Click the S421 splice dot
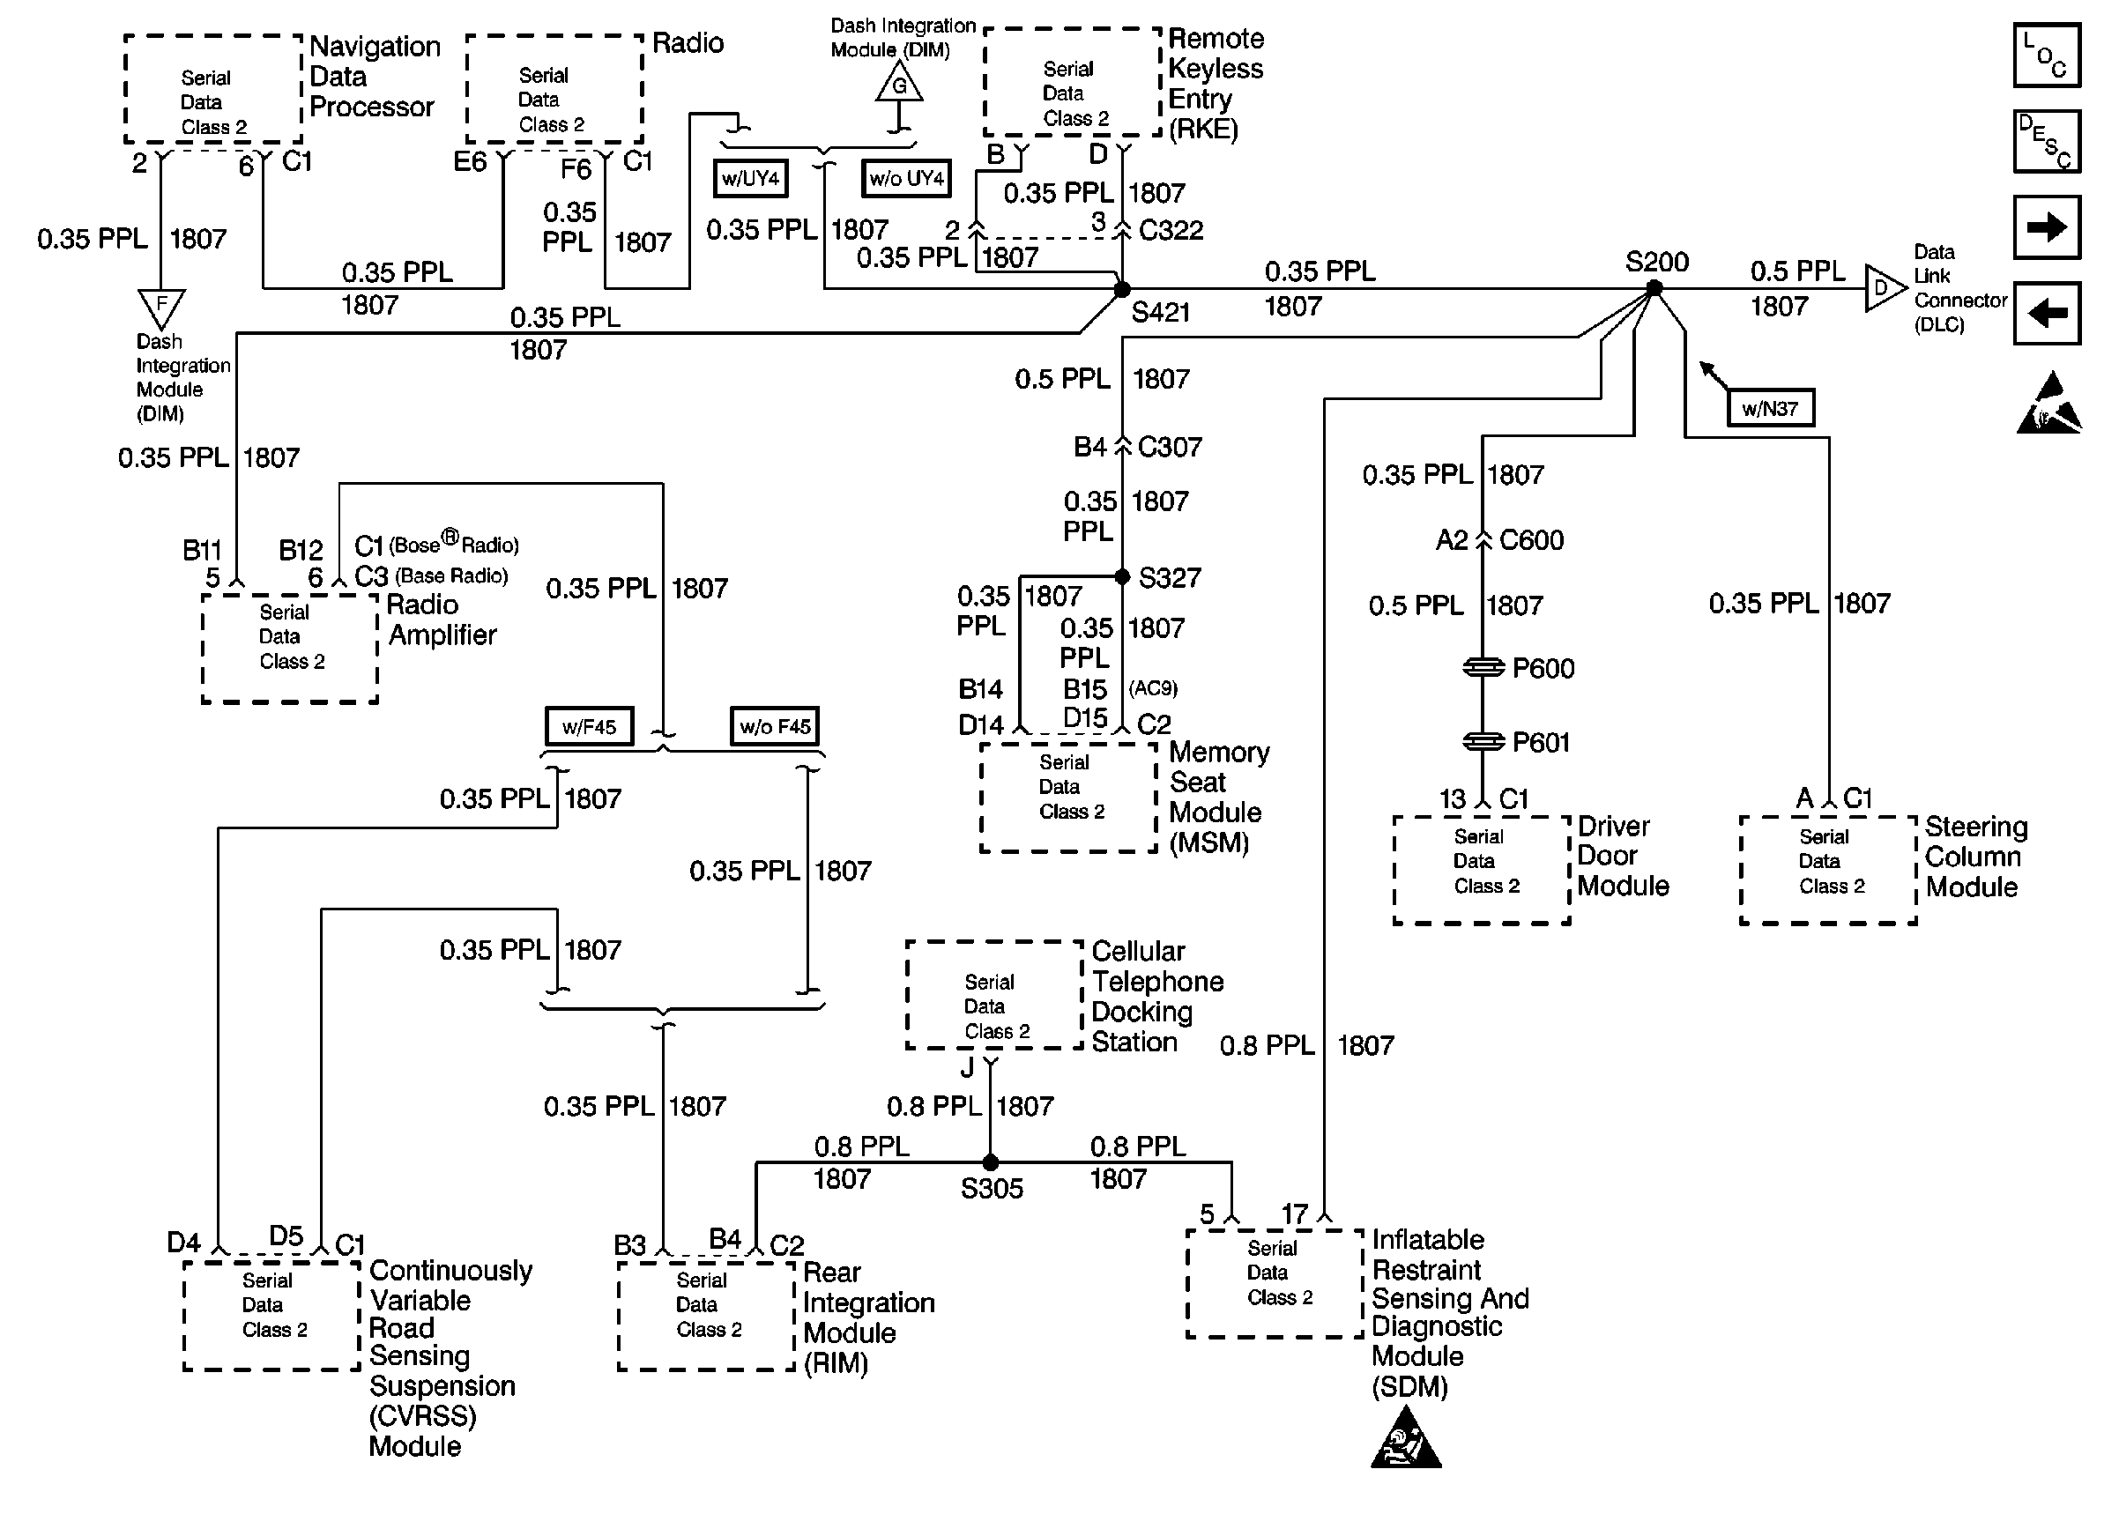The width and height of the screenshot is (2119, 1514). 1122,289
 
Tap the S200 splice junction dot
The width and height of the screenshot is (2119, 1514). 1654,288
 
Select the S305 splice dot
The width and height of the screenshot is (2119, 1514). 990,1162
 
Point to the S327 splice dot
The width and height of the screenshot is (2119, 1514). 1122,576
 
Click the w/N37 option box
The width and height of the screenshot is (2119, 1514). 1769,408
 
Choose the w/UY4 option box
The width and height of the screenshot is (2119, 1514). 750,178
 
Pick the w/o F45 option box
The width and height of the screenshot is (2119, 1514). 775,726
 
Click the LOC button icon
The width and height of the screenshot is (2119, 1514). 2047,56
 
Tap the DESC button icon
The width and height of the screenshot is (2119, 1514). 2047,142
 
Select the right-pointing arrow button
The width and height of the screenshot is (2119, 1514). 2047,226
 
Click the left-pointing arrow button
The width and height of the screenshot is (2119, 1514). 2047,313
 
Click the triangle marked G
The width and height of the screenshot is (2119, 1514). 899,84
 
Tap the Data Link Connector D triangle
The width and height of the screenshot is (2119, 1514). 1882,288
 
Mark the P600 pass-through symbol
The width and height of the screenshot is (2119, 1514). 1483,667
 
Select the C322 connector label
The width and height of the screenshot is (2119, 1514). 1171,230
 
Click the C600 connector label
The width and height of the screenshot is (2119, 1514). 1531,540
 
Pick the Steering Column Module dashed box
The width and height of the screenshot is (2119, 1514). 1827,870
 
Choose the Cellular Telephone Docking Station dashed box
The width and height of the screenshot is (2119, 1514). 993,995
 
